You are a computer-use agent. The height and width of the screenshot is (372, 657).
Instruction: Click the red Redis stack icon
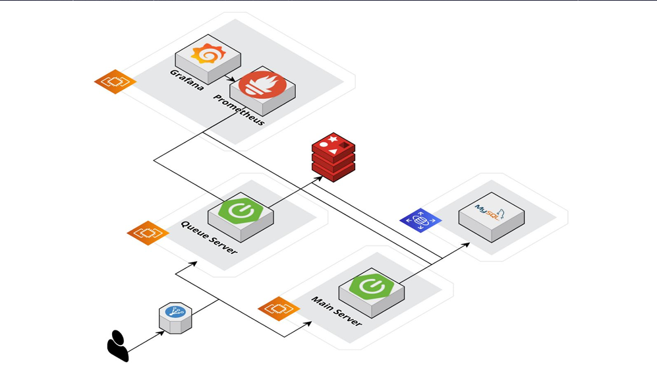[333, 156]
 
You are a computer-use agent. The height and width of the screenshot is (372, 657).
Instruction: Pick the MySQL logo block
[491, 215]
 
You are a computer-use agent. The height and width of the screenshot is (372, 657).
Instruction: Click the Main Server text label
[336, 312]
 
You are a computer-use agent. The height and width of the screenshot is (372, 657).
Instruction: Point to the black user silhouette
[118, 345]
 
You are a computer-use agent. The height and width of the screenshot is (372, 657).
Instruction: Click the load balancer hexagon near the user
[175, 316]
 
